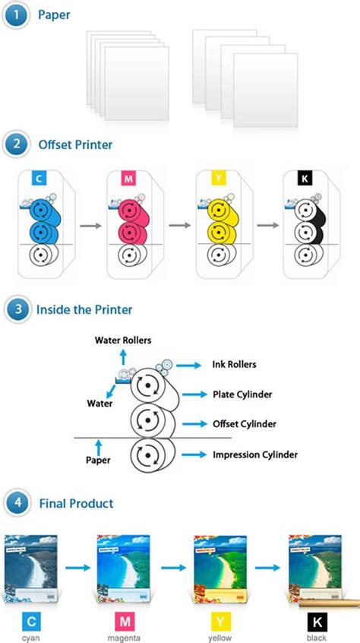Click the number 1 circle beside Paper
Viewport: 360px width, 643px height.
click(x=14, y=15)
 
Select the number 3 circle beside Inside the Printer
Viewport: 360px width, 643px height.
click(x=14, y=309)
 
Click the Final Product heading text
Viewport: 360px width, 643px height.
click(x=75, y=503)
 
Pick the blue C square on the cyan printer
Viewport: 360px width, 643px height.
click(x=37, y=179)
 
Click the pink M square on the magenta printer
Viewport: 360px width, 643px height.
click(x=130, y=179)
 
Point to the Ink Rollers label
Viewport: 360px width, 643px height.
click(x=234, y=364)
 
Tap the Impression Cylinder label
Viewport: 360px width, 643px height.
click(x=254, y=455)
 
